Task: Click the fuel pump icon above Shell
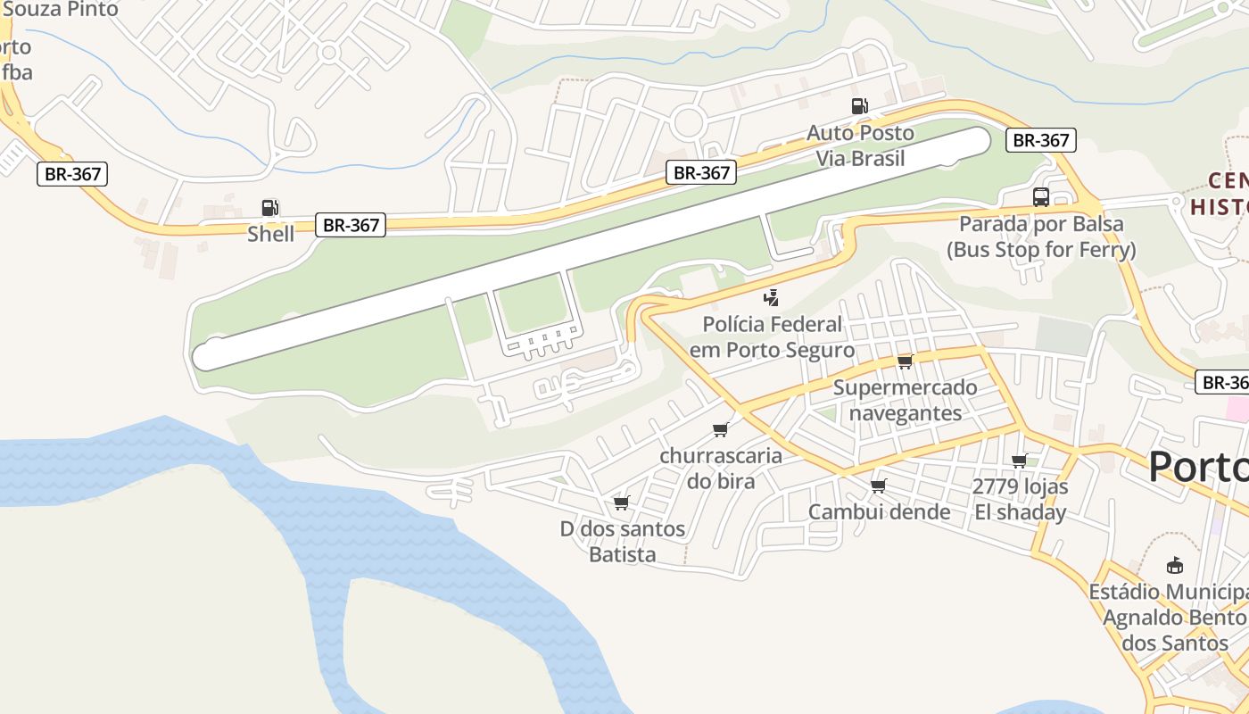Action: [x=269, y=208]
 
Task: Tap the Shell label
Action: [x=270, y=234]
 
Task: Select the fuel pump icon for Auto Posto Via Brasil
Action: [x=859, y=106]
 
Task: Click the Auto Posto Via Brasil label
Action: [x=860, y=145]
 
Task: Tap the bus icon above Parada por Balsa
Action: [x=1040, y=197]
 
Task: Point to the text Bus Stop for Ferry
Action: [x=1041, y=250]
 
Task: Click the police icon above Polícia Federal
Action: [x=772, y=298]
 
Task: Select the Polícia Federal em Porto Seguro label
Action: [x=772, y=336]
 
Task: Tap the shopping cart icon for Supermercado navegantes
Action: [x=905, y=361]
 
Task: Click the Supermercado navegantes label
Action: [x=905, y=401]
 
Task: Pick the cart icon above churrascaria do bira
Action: [x=721, y=430]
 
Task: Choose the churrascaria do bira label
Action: [x=721, y=469]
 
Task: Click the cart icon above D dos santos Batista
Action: [x=622, y=503]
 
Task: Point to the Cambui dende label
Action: [x=879, y=512]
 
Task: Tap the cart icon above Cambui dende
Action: [x=879, y=486]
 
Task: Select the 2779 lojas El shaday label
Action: [x=1020, y=500]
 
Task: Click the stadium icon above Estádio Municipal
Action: [x=1175, y=566]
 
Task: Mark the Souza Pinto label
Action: [x=61, y=10]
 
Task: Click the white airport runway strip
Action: [x=589, y=249]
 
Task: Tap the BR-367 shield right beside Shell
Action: [x=351, y=225]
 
